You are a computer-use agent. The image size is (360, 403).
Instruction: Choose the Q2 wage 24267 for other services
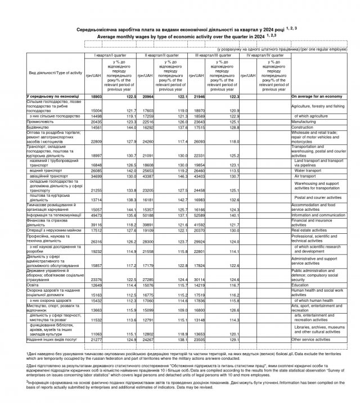[149, 339]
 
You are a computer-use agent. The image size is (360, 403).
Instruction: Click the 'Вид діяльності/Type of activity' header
[55, 74]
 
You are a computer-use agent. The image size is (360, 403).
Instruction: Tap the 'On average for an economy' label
[317, 97]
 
